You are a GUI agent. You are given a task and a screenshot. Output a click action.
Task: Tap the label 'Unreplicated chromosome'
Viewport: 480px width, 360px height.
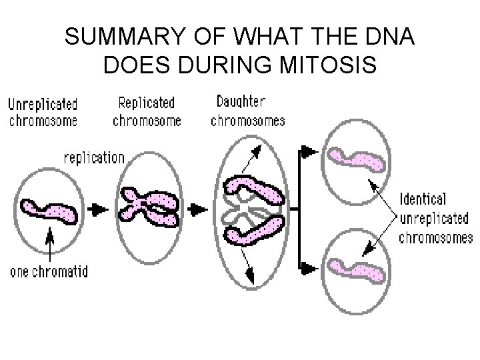pos(43,112)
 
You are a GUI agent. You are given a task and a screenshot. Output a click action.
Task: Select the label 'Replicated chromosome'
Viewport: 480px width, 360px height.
pos(147,111)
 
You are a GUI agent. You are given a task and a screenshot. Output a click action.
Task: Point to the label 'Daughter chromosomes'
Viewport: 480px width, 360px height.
pos(247,111)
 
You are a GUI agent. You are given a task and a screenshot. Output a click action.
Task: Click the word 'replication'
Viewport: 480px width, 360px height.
pos(94,158)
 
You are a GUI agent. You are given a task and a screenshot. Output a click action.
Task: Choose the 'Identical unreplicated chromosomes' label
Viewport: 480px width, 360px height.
pos(435,218)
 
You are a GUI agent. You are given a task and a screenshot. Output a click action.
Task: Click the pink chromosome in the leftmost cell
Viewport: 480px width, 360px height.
pos(49,209)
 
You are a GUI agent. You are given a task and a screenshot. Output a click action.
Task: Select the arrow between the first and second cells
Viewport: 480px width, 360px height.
pos(98,209)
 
